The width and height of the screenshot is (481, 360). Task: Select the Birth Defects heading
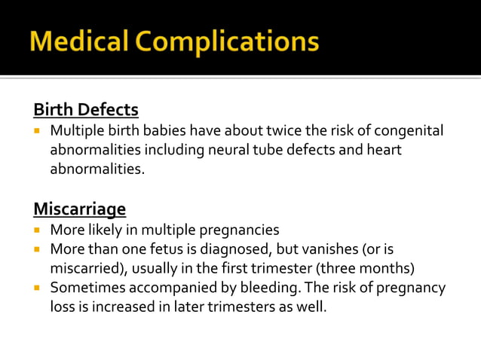(x=86, y=109)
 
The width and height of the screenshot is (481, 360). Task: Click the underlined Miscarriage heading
(x=80, y=208)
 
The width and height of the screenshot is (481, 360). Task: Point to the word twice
(x=286, y=131)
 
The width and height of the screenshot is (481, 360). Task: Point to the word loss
(x=63, y=307)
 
